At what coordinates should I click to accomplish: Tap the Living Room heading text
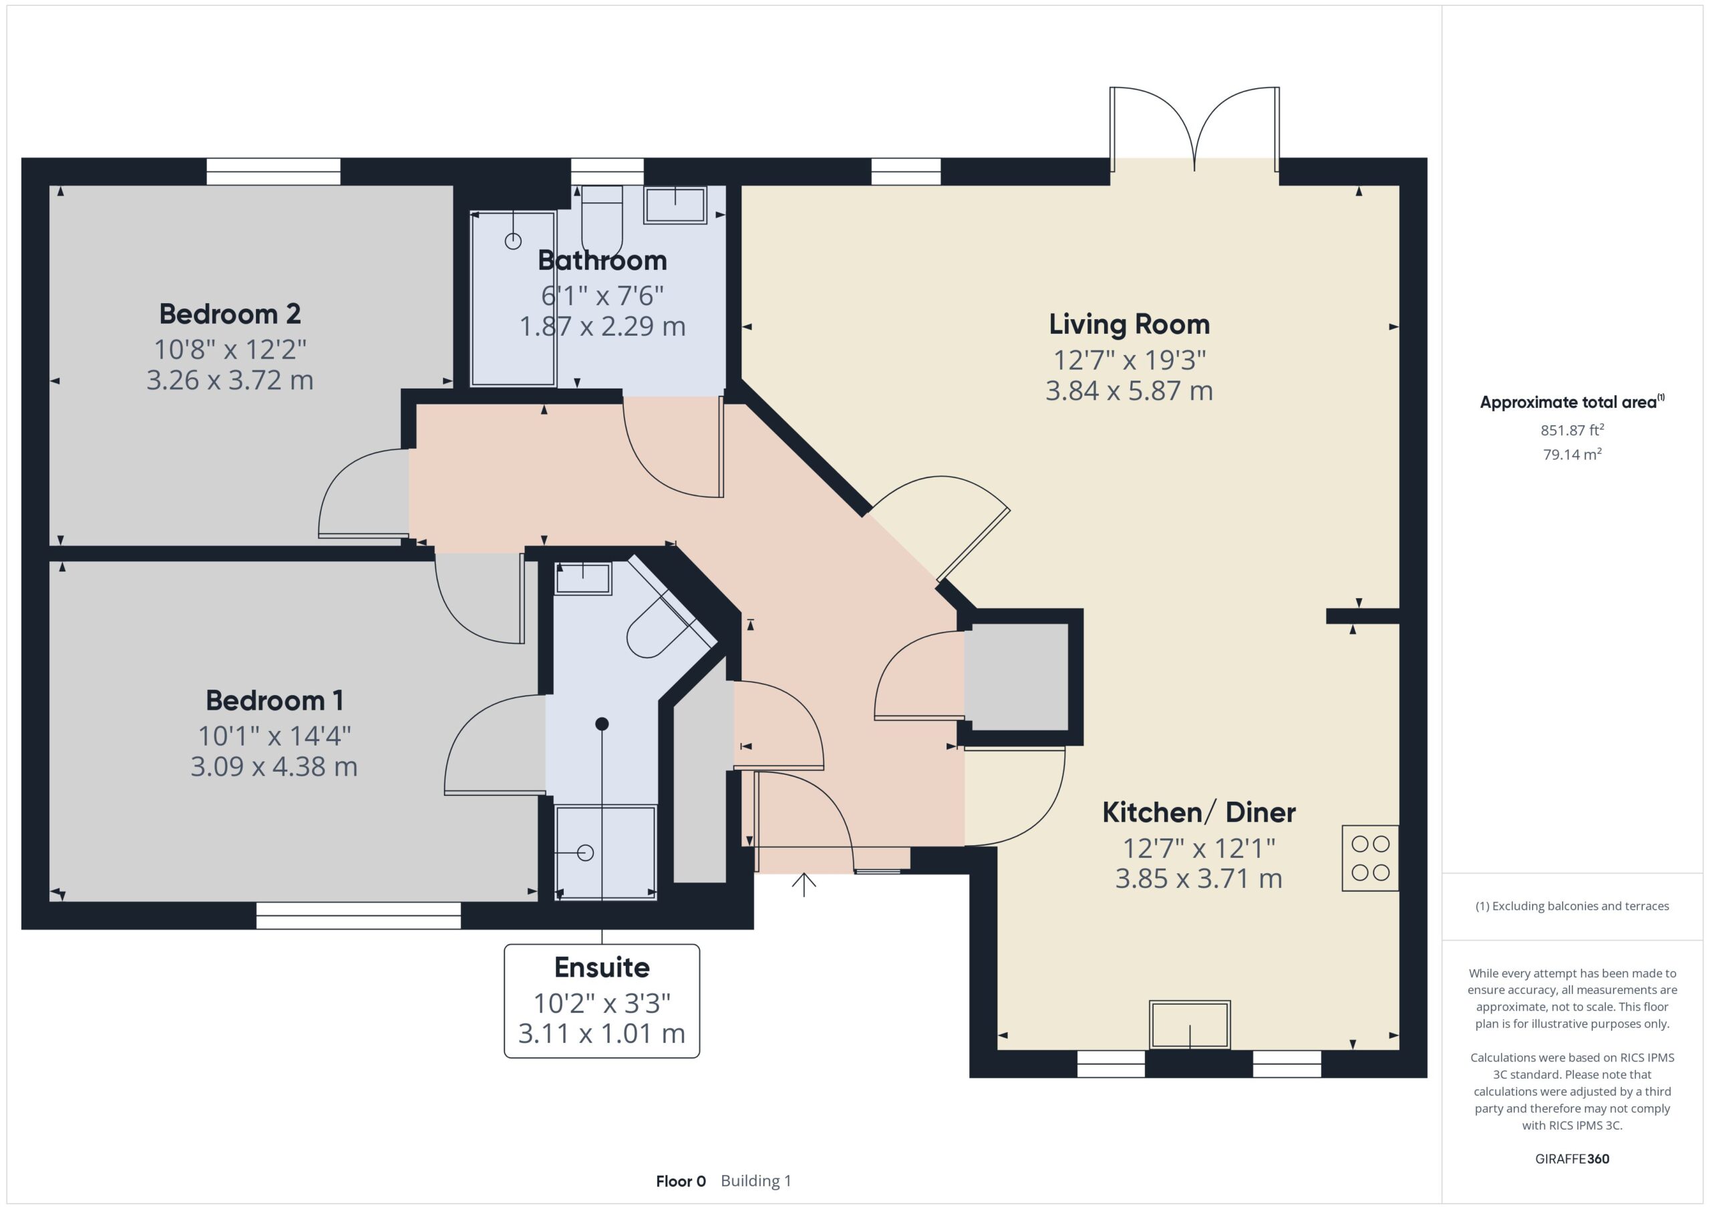[x=1129, y=324]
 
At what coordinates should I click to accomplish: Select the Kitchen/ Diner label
[x=1198, y=812]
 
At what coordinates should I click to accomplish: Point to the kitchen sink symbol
[x=1190, y=1025]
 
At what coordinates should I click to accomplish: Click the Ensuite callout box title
[x=602, y=967]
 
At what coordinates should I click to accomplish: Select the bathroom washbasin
[x=675, y=206]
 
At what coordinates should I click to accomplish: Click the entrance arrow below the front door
[x=804, y=885]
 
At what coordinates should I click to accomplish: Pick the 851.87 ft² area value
[x=1572, y=431]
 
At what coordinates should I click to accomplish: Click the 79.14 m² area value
[x=1572, y=454]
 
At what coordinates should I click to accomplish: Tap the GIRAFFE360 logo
[x=1572, y=1158]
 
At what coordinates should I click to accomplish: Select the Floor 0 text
[x=680, y=1181]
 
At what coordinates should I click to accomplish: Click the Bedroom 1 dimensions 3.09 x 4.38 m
[x=274, y=767]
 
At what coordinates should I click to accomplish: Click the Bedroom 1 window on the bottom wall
[x=358, y=916]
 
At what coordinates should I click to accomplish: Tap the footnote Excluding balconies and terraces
[x=1572, y=906]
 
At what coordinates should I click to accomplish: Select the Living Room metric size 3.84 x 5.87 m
[x=1129, y=391]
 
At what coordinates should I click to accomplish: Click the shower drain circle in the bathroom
[x=513, y=241]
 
